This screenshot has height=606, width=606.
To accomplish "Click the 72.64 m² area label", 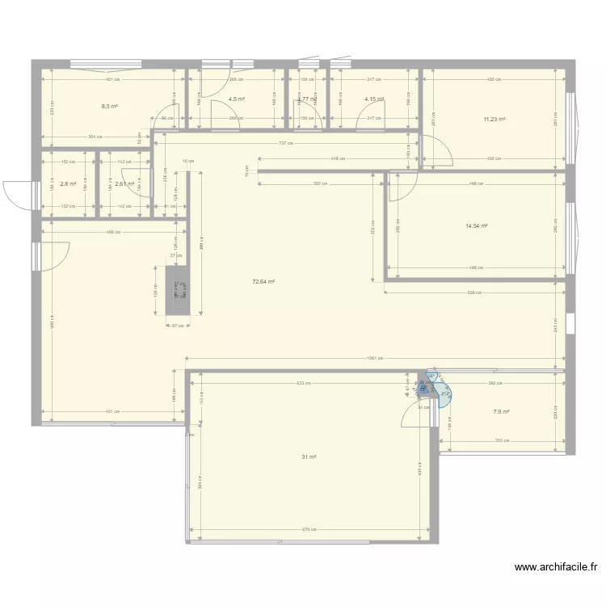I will (263, 282).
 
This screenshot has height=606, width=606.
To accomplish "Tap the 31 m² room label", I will (309, 457).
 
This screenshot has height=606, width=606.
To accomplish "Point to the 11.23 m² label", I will (494, 120).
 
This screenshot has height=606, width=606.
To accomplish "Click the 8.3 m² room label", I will (110, 106).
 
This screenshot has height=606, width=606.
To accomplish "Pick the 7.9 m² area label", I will (501, 412).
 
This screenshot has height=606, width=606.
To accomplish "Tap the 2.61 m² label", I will (124, 184).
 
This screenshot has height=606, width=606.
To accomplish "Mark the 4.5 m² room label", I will (236, 99).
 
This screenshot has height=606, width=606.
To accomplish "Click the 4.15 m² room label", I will (373, 99).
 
